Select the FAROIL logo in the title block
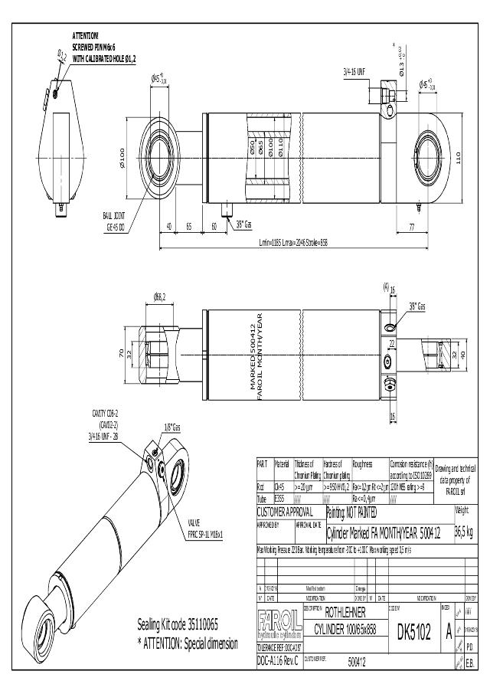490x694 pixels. [x=279, y=620]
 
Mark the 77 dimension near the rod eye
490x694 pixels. [x=412, y=227]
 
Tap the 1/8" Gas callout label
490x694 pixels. [x=172, y=427]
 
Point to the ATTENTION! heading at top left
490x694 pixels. [x=86, y=36]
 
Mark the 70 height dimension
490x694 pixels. [x=121, y=353]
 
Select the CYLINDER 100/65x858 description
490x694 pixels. [x=344, y=630]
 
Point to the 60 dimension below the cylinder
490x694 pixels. [x=214, y=227]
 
